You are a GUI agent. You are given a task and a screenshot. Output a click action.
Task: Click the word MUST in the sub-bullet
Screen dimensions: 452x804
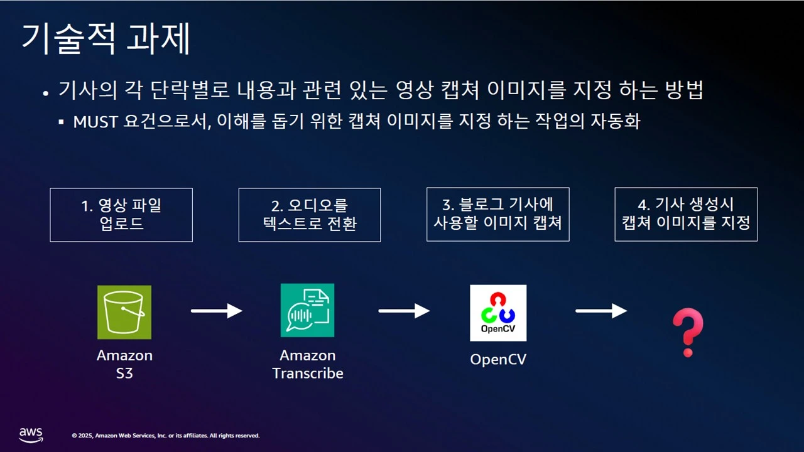[95, 121]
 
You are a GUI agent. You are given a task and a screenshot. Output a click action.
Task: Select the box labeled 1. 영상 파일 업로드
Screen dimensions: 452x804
[121, 215]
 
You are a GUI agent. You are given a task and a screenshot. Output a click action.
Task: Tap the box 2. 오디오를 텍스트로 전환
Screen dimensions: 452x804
[310, 215]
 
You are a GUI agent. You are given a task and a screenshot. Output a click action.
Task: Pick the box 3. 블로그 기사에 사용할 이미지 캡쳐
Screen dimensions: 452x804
[497, 214]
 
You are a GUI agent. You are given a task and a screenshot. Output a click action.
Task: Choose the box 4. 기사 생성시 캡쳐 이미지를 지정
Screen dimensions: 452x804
[686, 214]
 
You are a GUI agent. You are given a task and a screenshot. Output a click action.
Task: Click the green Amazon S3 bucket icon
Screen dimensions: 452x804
[124, 312]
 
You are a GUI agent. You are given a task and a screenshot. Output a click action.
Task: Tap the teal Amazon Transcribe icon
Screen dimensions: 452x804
[307, 310]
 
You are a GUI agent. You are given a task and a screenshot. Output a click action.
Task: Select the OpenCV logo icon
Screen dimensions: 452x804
[498, 313]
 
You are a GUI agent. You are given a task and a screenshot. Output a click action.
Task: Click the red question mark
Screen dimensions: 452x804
[687, 332]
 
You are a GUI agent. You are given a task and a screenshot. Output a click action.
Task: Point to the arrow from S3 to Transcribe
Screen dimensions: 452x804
[217, 311]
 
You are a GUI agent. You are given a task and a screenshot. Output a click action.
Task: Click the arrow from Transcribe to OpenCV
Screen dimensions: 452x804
[404, 311]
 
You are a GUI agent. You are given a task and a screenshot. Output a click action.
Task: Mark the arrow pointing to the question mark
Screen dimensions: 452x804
[601, 311]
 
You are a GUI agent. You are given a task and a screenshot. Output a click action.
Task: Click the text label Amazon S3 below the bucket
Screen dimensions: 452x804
[124, 364]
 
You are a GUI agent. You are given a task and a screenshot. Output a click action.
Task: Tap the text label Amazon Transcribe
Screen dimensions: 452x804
[307, 364]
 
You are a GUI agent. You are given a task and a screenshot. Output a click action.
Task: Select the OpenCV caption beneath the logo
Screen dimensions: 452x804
[498, 360]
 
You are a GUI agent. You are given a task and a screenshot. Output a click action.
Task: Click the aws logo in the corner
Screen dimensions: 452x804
[30, 434]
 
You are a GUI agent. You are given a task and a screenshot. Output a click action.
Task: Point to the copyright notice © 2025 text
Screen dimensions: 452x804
[166, 436]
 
